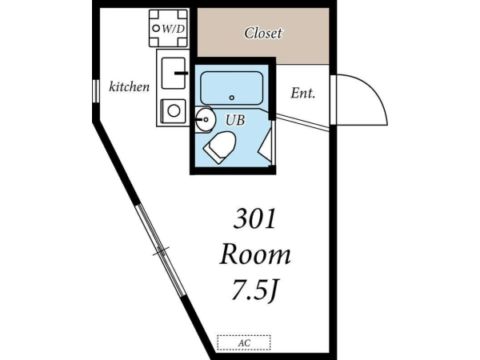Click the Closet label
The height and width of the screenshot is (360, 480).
pyautogui.click(x=263, y=33)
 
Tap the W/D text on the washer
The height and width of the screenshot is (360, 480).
pyautogui.click(x=174, y=29)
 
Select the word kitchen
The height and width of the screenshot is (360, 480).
pyautogui.click(x=130, y=87)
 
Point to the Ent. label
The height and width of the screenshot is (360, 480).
pyautogui.click(x=302, y=93)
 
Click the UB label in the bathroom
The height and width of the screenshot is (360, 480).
pyautogui.click(x=235, y=120)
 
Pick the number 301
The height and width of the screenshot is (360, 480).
pyautogui.click(x=254, y=218)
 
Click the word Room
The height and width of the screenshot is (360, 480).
pyautogui.click(x=255, y=255)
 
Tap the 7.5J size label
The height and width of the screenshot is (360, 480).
pyautogui.click(x=254, y=290)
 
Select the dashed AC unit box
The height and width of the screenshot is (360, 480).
pyautogui.click(x=244, y=343)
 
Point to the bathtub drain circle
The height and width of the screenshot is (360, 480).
pyautogui.click(x=232, y=98)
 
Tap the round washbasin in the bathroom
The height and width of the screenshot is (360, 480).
pyautogui.click(x=205, y=119)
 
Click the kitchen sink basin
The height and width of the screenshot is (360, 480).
pyautogui.click(x=174, y=74)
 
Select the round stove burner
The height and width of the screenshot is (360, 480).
pyautogui.click(x=174, y=111)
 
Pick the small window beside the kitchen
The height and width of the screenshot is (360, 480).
pyautogui.click(x=96, y=91)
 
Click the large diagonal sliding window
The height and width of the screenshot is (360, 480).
pyautogui.click(x=161, y=250)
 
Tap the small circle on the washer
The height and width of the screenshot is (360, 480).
pyautogui.click(x=156, y=29)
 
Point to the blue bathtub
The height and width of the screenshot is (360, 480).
pyautogui.click(x=232, y=88)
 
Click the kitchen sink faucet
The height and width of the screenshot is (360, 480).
pyautogui.click(x=182, y=73)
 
